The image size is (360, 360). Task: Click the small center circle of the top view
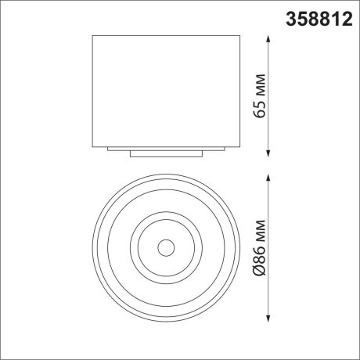click(x=165, y=248)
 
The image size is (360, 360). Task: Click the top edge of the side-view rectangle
click(x=165, y=35)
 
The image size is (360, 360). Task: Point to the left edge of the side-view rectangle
click(x=93, y=90)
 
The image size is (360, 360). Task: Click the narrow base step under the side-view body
click(x=165, y=153)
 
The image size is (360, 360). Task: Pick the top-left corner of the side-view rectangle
click(x=93, y=35)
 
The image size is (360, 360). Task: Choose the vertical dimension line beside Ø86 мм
click(x=270, y=211)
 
